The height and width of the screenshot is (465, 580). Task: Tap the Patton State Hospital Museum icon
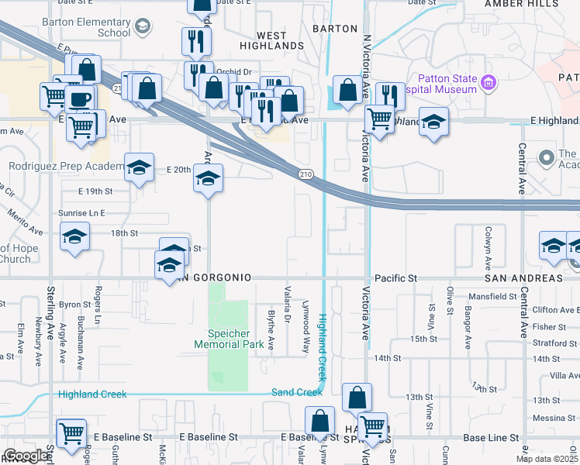coord(488,82)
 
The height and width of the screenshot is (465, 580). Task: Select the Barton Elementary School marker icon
coord(142,28)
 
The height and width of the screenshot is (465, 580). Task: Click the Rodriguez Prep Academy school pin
coord(139,167)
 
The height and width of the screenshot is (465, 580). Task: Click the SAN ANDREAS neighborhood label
coord(523,277)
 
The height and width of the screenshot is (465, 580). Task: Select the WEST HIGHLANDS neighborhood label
coord(271,40)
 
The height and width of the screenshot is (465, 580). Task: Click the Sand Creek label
coord(297,392)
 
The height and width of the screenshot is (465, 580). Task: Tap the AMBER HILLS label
coord(521,4)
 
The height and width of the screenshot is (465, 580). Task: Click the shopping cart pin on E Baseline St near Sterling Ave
coord(71,433)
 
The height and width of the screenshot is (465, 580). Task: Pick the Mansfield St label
coord(492,296)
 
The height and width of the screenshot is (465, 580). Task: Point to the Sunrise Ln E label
coord(81,212)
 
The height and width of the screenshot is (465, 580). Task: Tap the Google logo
coord(26,456)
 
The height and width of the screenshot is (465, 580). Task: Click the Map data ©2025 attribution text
coord(547,459)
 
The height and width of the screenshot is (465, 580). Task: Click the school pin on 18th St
coord(75,237)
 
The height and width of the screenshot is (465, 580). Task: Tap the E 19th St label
coord(95,191)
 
